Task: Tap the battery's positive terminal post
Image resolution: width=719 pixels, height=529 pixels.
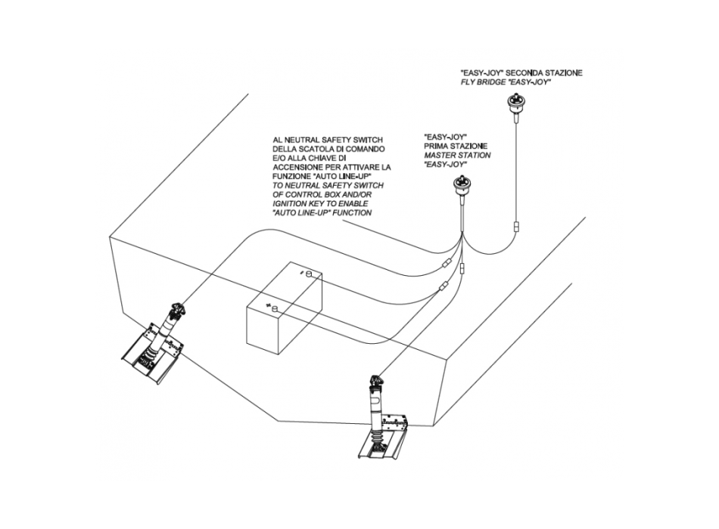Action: point(274,308)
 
